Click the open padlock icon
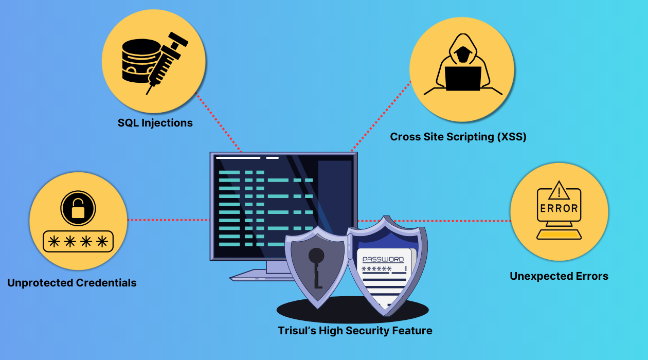click(78, 208)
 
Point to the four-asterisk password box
click(78, 241)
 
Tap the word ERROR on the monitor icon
click(559, 209)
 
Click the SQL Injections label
click(155, 123)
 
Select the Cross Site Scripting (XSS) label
click(458, 137)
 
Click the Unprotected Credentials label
click(72, 283)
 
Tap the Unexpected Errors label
click(559, 276)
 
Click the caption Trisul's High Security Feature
click(355, 331)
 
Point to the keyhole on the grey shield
click(316, 256)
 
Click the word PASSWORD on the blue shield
click(383, 260)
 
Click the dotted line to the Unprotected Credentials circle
click(167, 220)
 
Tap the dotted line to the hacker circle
click(381, 116)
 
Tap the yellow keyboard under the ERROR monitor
click(559, 235)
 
